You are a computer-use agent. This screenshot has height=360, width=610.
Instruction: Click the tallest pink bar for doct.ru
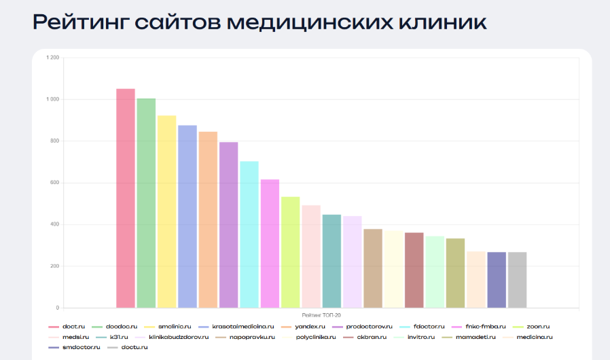pyautogui.click(x=126, y=198)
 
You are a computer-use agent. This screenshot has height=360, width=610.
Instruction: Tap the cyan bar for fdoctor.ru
pyautogui.click(x=249, y=234)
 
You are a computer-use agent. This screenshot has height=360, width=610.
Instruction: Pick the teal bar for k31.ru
pyautogui.click(x=331, y=261)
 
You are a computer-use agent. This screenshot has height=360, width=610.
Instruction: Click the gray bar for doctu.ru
pyautogui.click(x=517, y=279)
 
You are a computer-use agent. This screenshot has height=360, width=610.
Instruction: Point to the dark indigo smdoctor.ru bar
pyautogui.click(x=497, y=279)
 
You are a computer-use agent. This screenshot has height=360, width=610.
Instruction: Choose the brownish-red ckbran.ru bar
pyautogui.click(x=414, y=270)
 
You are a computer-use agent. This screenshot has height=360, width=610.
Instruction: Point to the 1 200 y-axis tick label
pyautogui.click(x=52, y=58)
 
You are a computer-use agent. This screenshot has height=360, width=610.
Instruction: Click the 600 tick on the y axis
pyautogui.click(x=54, y=183)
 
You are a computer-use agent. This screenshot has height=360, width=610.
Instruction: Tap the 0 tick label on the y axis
pyautogui.click(x=58, y=308)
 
